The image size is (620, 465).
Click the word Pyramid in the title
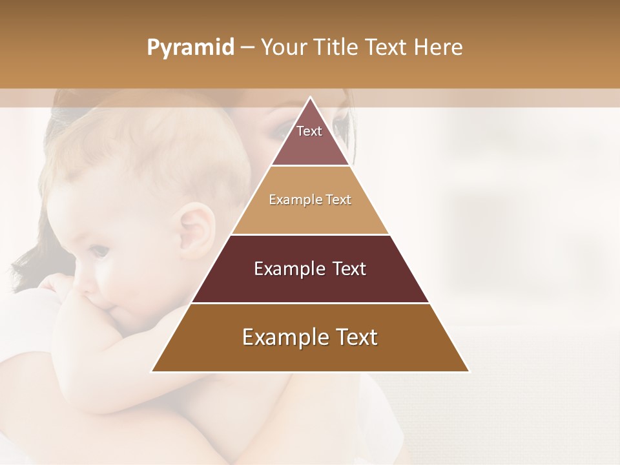(x=190, y=48)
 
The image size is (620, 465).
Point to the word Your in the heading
(x=284, y=47)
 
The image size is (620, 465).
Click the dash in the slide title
(x=247, y=48)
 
